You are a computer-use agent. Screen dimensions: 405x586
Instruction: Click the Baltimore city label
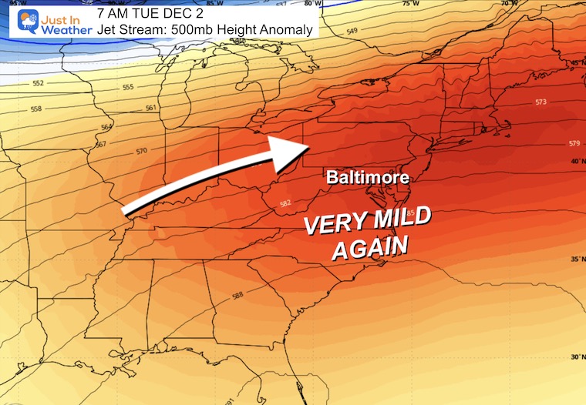click(366, 177)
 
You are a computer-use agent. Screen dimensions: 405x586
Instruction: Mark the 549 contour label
click(352, 32)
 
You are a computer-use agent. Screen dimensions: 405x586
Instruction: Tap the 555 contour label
click(129, 87)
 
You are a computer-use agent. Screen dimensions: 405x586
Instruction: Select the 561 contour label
click(151, 108)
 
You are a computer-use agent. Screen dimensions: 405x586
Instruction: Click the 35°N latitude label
click(576, 259)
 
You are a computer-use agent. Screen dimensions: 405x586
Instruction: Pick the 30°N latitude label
click(576, 356)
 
